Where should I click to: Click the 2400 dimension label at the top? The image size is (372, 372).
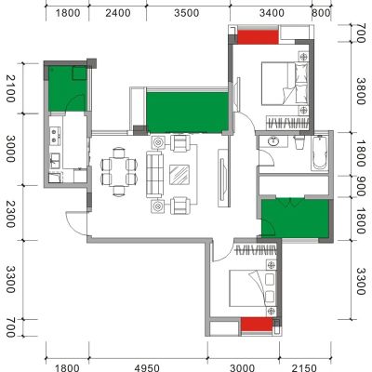(x=118, y=13)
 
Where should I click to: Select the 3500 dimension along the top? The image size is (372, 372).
(x=186, y=13)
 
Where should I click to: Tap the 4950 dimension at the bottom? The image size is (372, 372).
(x=147, y=368)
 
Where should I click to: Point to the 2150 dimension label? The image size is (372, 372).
(x=304, y=368)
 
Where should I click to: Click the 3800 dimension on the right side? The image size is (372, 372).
(x=361, y=91)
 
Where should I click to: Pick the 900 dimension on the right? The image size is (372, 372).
(x=361, y=187)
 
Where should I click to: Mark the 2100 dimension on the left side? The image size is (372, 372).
(x=10, y=88)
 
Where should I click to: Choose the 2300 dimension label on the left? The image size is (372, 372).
(x=10, y=214)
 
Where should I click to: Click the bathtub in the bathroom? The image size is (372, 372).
(x=320, y=153)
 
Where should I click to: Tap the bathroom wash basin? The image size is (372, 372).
(x=273, y=141)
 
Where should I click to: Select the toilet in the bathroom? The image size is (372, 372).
(x=299, y=142)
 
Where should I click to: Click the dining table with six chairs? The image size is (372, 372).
(x=119, y=171)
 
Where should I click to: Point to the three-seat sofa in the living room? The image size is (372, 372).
(x=154, y=174)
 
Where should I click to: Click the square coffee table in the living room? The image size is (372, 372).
(x=179, y=175)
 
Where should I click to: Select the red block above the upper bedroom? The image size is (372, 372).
(x=258, y=36)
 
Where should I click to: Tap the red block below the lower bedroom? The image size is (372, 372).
(x=257, y=324)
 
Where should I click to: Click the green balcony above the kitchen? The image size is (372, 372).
(x=67, y=88)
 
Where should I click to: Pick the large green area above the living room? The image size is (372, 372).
(x=188, y=113)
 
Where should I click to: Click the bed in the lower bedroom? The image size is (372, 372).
(x=253, y=288)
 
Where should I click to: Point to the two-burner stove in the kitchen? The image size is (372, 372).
(x=55, y=136)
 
